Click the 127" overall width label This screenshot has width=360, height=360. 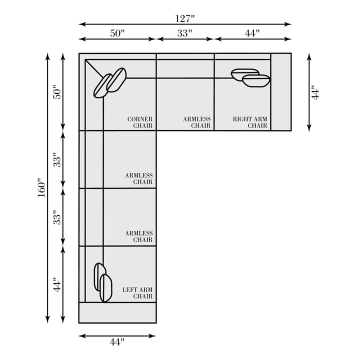[185, 18]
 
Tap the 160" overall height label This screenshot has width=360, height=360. [41, 187]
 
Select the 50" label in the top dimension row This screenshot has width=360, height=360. [117, 33]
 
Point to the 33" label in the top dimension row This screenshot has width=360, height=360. [184, 33]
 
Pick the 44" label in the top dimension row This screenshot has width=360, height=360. [252, 33]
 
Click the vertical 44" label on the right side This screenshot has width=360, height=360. [315, 92]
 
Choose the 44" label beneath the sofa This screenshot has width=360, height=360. [117, 342]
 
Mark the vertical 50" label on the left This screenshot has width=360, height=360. [57, 92]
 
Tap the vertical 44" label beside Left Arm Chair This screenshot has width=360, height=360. [57, 284]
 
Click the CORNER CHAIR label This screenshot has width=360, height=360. [140, 122]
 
